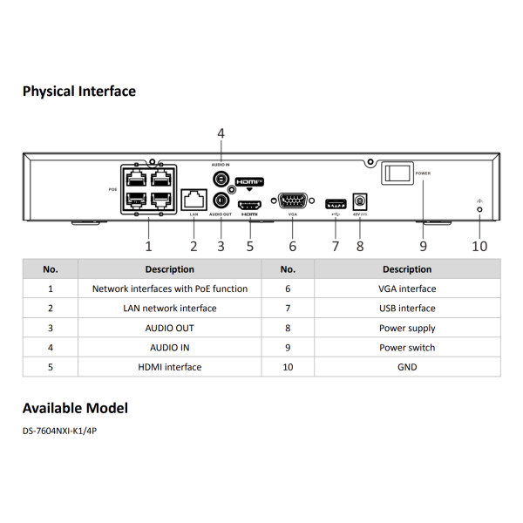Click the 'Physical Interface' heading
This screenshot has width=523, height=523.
[78, 91]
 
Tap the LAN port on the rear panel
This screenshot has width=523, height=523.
[194, 199]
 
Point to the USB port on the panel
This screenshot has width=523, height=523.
[335, 204]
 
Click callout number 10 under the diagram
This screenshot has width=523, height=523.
[479, 246]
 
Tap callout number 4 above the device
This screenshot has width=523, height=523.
[221, 133]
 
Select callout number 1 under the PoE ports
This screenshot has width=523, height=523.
[148, 246]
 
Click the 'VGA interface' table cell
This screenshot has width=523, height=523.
[406, 289]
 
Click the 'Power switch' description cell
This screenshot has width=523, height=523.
[406, 348]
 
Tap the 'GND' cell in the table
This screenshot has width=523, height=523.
[406, 367]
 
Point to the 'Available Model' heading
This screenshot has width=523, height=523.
[75, 408]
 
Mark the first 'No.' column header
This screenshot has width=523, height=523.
[51, 269]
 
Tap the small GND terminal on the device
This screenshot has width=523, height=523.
[479, 209]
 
